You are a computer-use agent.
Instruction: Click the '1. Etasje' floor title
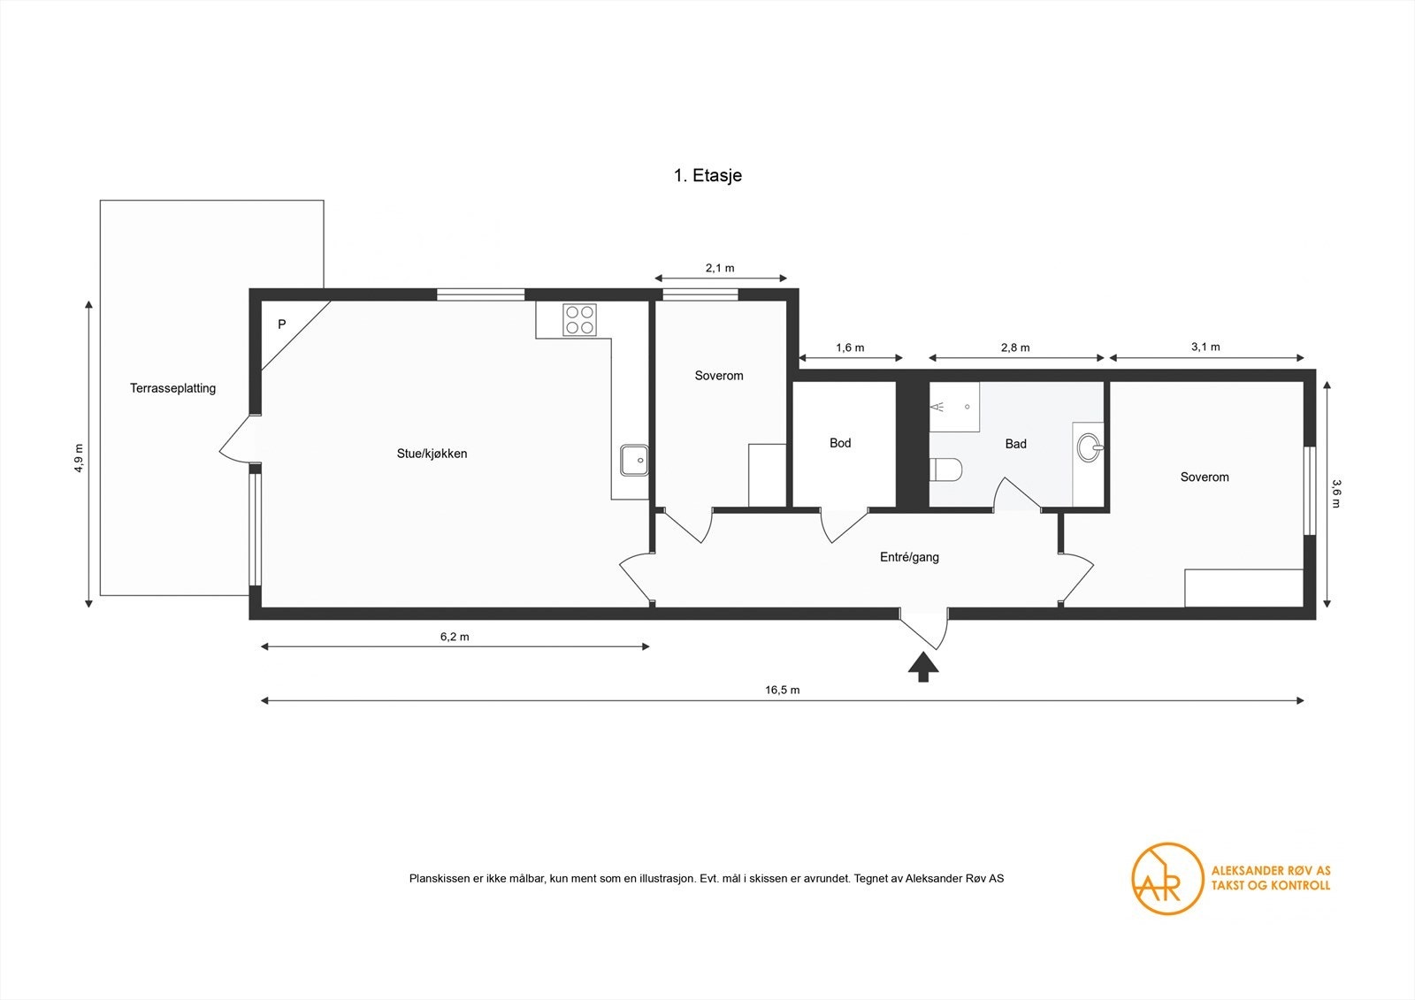coord(707,175)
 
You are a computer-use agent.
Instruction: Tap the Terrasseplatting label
coord(172,388)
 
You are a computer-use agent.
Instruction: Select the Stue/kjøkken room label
coord(432,454)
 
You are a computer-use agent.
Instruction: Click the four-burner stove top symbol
coord(580,319)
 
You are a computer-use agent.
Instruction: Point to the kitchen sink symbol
coord(633,460)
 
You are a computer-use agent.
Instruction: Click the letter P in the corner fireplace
coord(282,324)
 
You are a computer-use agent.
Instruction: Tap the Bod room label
coord(840,443)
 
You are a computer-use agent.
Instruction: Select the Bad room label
coord(1015,444)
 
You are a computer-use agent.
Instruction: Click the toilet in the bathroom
coord(945,469)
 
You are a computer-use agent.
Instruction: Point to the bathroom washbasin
coord(1089,447)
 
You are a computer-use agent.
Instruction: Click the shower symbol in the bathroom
coord(952,407)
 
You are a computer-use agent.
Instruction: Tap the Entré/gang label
coord(909,557)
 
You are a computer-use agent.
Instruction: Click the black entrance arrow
coord(923,668)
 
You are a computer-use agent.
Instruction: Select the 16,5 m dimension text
coord(782,690)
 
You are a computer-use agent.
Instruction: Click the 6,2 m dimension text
coord(455,637)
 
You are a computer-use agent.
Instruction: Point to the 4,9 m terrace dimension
coord(79,457)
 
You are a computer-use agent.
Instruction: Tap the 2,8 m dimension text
coord(1015,347)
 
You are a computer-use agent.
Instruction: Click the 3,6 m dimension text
coord(1336,493)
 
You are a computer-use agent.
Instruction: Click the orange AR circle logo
coord(1167,878)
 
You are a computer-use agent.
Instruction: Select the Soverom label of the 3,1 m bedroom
coord(1205,477)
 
